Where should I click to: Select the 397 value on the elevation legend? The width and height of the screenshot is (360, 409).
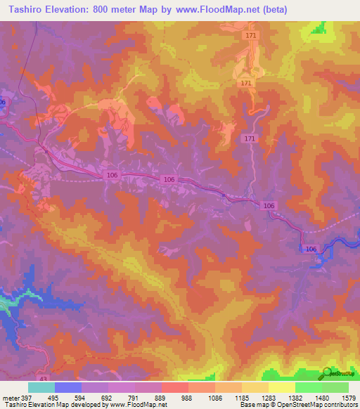[x=27, y=398]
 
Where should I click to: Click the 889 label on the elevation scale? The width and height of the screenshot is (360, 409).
[x=161, y=398]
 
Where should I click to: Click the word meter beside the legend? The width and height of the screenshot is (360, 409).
[x=10, y=398]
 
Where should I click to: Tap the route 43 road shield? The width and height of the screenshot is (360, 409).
[x=44, y=379]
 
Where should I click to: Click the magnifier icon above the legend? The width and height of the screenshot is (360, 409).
[x=327, y=373]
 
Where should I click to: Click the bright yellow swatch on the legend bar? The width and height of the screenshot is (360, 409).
[x=281, y=387]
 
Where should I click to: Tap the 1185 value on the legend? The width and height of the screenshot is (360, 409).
[x=241, y=398]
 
